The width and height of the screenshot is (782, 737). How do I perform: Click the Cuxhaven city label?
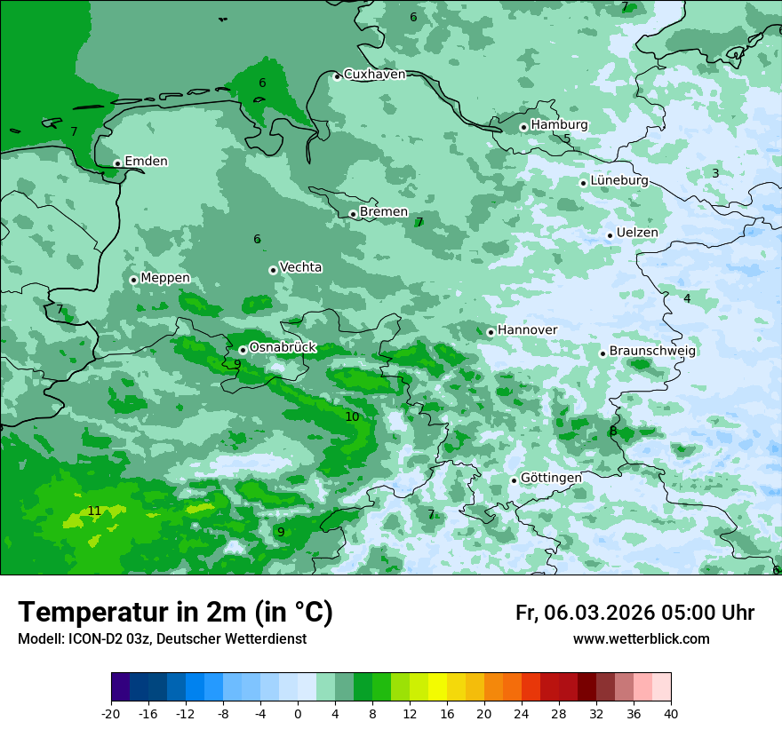[374, 75]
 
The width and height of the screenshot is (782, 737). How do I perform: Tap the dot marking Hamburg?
[524, 127]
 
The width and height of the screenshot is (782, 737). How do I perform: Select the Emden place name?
[146, 162]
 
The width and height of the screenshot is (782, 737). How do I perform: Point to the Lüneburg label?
[619, 180]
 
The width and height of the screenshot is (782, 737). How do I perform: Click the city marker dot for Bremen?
[353, 214]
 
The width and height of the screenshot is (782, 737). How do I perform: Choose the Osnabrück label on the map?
[283, 347]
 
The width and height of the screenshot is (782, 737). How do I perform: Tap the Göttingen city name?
[551, 478]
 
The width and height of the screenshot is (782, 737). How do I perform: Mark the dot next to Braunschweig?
[602, 353]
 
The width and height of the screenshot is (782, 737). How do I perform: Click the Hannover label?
[527, 330]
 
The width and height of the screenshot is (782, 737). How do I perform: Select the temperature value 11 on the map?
[94, 511]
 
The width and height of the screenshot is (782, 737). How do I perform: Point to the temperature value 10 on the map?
[352, 416]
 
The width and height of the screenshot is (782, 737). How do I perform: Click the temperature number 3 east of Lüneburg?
[715, 173]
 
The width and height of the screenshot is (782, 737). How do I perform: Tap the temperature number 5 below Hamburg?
[566, 139]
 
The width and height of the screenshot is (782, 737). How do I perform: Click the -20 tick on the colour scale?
[111, 714]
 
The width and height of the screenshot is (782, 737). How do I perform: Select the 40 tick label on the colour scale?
[671, 714]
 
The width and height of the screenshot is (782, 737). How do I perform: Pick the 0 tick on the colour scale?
[298, 714]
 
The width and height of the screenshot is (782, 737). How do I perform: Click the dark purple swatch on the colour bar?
[121, 687]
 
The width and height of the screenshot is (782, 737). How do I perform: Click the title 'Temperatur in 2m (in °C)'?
[175, 613]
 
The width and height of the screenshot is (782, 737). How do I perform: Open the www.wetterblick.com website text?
[641, 639]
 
